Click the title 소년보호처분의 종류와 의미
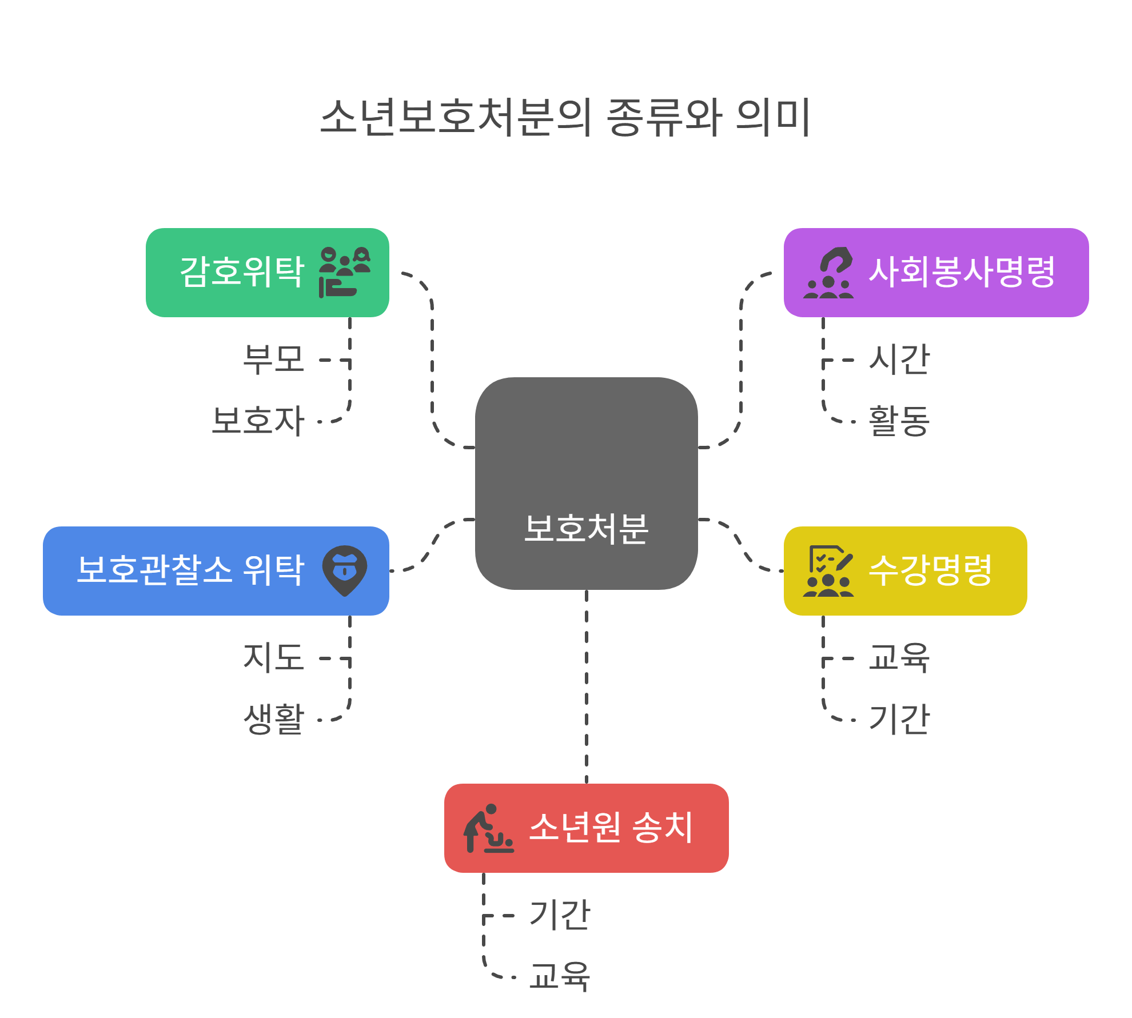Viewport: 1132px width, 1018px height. click(565, 117)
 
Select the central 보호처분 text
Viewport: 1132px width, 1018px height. click(586, 528)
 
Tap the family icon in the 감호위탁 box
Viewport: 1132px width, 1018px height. click(345, 272)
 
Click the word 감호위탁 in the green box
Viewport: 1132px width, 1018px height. click(242, 272)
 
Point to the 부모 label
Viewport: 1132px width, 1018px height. click(273, 360)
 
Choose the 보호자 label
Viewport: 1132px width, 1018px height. click(258, 421)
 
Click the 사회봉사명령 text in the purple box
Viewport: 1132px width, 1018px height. click(962, 272)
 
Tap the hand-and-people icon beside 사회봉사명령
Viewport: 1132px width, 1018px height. click(828, 273)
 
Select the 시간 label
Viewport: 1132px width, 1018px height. click(899, 360)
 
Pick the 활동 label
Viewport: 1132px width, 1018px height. click(899, 421)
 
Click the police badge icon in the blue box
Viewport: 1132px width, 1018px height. click(345, 570)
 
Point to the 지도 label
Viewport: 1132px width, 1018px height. click(273, 657)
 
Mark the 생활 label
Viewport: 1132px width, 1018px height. click(273, 718)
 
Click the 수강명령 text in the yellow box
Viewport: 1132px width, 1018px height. click(930, 570)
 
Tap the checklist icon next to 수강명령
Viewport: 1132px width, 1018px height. click(828, 570)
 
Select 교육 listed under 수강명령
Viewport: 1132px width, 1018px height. click(899, 657)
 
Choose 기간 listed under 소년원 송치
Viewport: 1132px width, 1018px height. click(560, 915)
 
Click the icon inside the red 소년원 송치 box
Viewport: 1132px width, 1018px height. click(488, 828)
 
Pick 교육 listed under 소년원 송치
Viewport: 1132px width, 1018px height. click(560, 976)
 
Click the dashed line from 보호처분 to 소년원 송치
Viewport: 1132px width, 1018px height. click(587, 686)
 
